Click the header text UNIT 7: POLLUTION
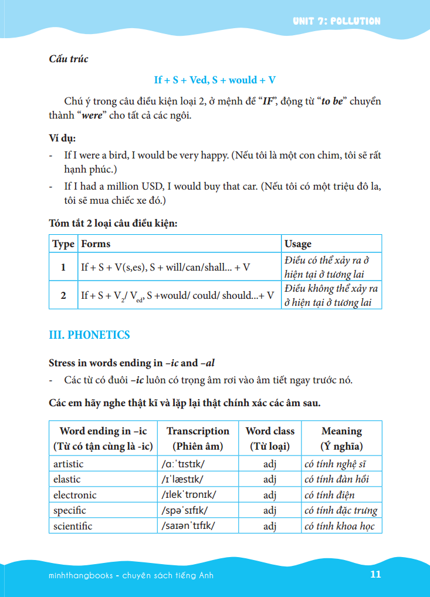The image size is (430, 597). [x=337, y=21]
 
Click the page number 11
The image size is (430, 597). [x=375, y=574]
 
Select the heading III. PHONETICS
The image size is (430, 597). [x=89, y=335]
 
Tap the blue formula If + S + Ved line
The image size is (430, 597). [x=215, y=80]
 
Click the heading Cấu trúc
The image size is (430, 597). [x=69, y=59]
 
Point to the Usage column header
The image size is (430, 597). [x=298, y=244]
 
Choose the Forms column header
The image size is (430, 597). [x=96, y=244]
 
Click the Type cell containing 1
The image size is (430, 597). [x=63, y=267]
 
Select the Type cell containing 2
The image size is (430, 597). [x=63, y=295]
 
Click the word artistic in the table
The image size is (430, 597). [x=69, y=464]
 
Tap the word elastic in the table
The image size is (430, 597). [x=67, y=479]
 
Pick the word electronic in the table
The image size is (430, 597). [x=75, y=495]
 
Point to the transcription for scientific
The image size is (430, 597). [x=188, y=525]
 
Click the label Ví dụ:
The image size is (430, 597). [x=62, y=139]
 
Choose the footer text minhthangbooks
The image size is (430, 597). [x=82, y=575]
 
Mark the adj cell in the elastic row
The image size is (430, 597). [x=270, y=479]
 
